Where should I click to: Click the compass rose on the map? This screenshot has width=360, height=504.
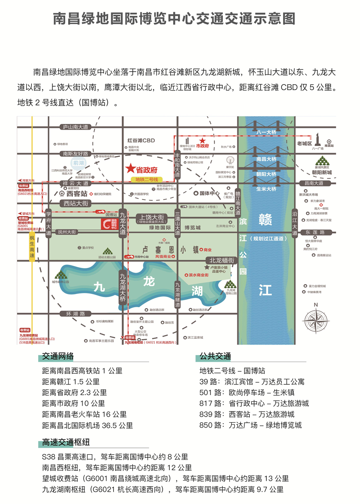coord(316,319)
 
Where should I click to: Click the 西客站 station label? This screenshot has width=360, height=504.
coord(76,193)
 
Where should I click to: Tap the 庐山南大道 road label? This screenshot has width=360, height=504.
coord(75,127)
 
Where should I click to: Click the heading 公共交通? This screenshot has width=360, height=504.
coord(215,356)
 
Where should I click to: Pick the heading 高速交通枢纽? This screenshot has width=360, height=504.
coord(66,442)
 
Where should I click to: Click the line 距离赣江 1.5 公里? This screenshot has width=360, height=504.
coord(71,382)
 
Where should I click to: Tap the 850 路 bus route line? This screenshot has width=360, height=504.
coord(251,425)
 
